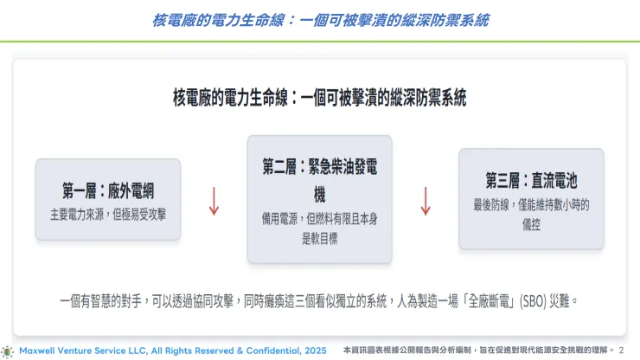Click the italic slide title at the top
[x=319, y=18]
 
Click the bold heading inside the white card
[x=319, y=98]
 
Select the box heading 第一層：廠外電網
[x=108, y=190]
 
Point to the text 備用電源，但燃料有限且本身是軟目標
[x=319, y=228]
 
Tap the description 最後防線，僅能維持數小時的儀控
[x=531, y=214]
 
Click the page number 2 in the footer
[x=621, y=350]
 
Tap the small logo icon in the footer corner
[x=8, y=350]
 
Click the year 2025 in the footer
[x=312, y=350]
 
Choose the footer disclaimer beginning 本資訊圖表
[x=477, y=350]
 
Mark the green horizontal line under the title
[x=319, y=41]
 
